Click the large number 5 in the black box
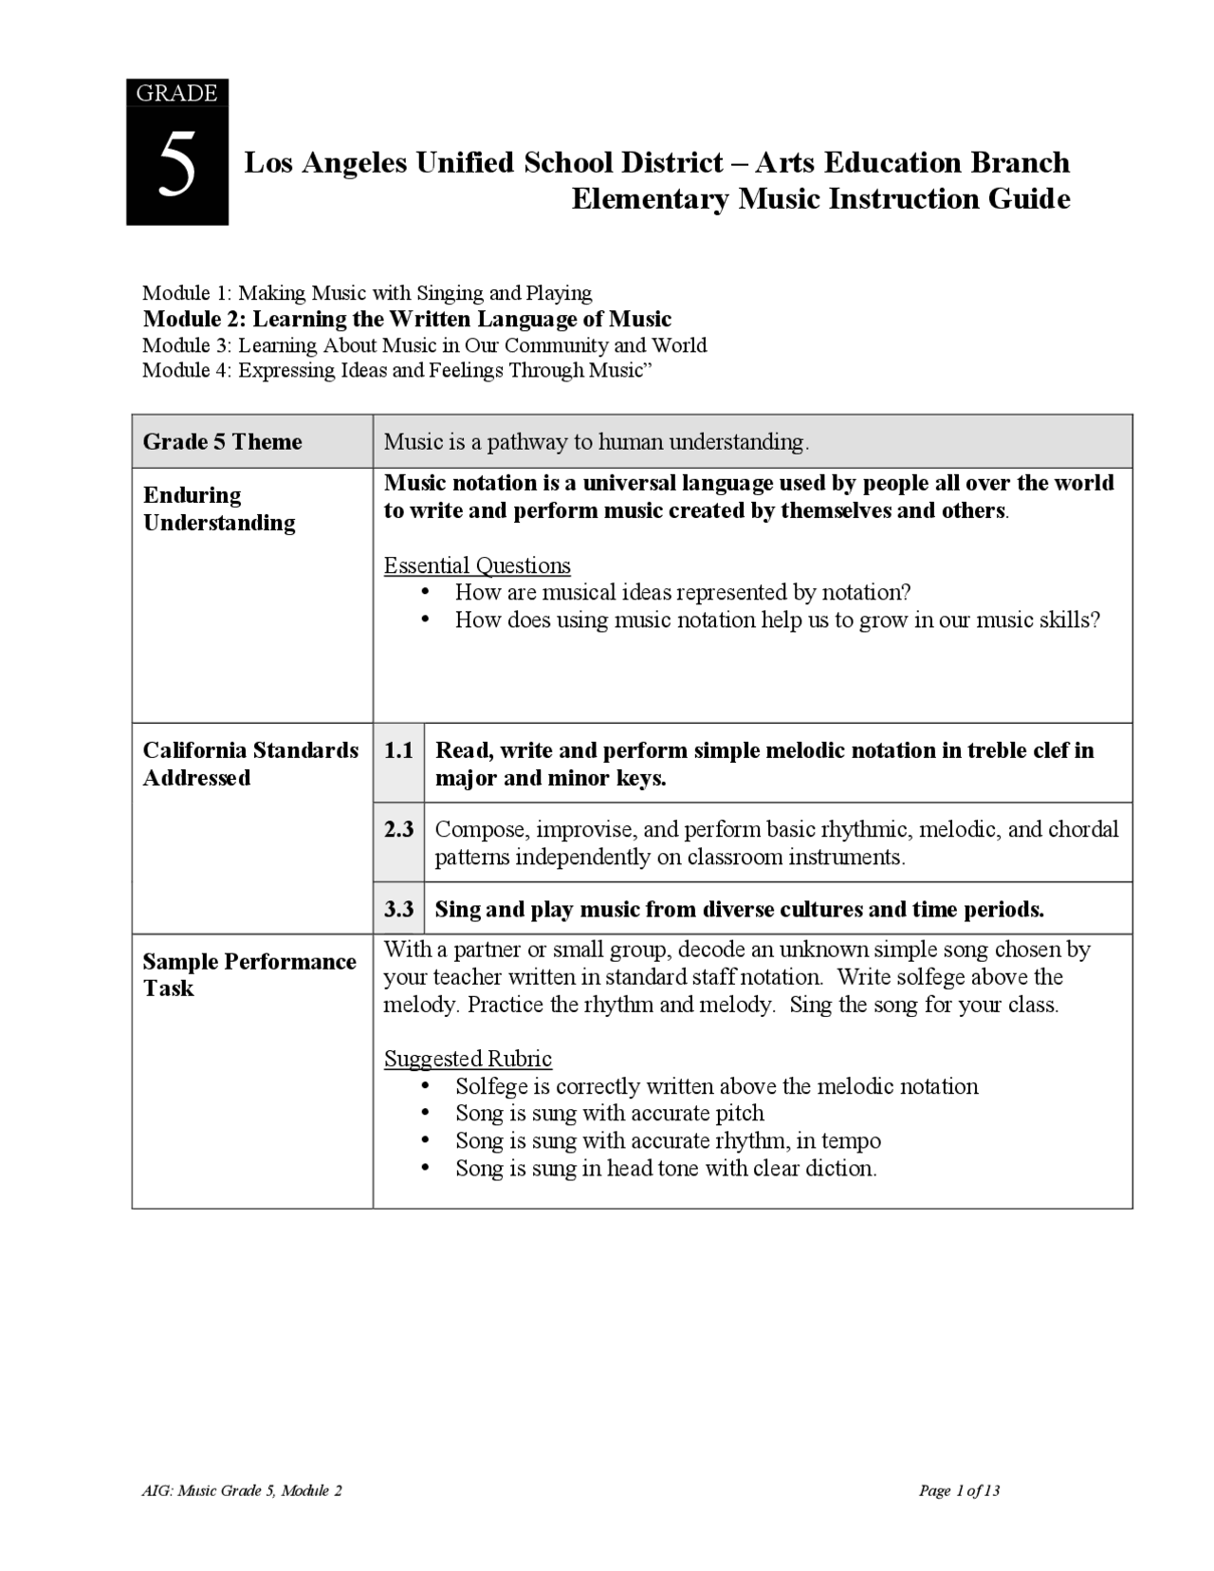pyautogui.click(x=177, y=165)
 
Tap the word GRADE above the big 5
pyautogui.click(x=177, y=93)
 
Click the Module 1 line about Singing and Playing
pyautogui.click(x=366, y=293)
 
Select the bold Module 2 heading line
pyautogui.click(x=407, y=319)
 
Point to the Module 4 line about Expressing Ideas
pyautogui.click(x=398, y=370)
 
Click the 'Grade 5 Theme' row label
pyautogui.click(x=222, y=442)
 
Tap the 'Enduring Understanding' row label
pyautogui.click(x=218, y=508)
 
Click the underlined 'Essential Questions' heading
pyautogui.click(x=477, y=566)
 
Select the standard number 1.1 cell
pyautogui.click(x=398, y=750)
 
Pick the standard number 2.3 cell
pyautogui.click(x=398, y=829)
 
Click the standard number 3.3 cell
pyautogui.click(x=398, y=909)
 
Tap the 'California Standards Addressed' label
pyautogui.click(x=250, y=764)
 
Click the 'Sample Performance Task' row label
pyautogui.click(x=248, y=974)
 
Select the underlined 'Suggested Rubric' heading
pyautogui.click(x=468, y=1059)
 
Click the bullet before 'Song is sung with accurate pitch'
pyautogui.click(x=425, y=1113)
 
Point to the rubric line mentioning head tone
pyautogui.click(x=665, y=1168)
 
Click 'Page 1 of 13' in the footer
pyautogui.click(x=959, y=1490)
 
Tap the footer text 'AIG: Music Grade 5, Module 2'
pyautogui.click(x=242, y=1490)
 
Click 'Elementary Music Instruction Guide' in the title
pyautogui.click(x=820, y=199)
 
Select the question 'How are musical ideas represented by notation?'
pyautogui.click(x=682, y=593)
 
